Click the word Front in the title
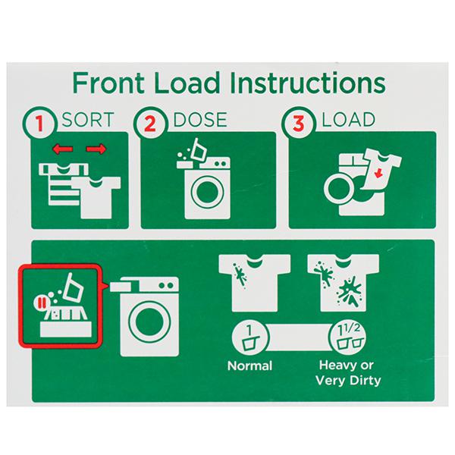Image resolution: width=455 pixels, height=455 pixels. pos(108,83)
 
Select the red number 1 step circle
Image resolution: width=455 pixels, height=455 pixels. pos(39,122)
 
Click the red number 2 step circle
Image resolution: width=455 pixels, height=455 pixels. pos(150,122)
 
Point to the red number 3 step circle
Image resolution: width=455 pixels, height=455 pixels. pos(298,122)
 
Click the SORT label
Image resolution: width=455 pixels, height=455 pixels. pos(88,120)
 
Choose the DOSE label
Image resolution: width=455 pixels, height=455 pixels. pos(200,120)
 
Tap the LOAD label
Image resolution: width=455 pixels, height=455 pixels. pos(349,120)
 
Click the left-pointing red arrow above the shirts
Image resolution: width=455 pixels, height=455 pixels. pos(62,149)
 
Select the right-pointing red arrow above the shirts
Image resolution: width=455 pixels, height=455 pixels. pos(96,149)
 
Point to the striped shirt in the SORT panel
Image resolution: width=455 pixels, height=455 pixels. pos(61,184)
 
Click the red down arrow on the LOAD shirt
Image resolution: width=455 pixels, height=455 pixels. pos(378,174)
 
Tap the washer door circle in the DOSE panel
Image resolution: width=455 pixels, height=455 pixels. pos(207,192)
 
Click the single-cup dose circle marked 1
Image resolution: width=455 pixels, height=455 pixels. pos(250,337)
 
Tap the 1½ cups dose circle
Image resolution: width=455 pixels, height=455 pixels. pos(348,337)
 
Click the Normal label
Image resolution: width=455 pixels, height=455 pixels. pos(249,366)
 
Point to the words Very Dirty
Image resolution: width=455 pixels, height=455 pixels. pos(348,381)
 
